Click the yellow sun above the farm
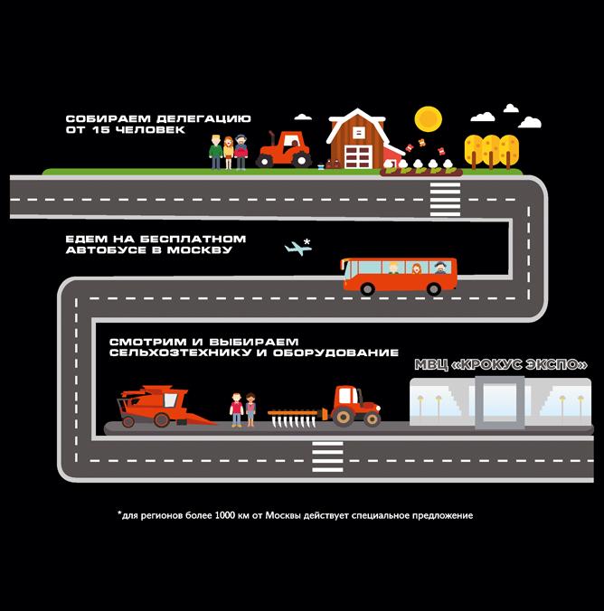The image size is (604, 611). [429, 119]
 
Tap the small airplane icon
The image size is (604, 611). [297, 249]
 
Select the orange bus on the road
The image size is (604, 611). [400, 276]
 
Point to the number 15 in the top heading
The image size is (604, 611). [101, 130]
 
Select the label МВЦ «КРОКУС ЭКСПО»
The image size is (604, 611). [501, 365]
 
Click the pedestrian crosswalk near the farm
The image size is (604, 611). [445, 199]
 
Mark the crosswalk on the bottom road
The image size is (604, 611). [327, 456]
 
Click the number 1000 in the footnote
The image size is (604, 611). [224, 515]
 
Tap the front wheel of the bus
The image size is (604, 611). [367, 288]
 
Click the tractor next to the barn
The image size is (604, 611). [284, 150]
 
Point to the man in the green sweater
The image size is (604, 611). [215, 152]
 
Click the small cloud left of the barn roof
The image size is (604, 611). [303, 117]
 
